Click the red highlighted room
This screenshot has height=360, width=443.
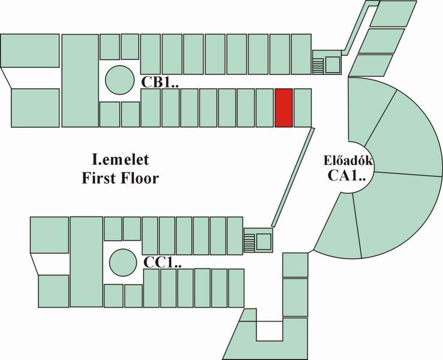click(x=284, y=108)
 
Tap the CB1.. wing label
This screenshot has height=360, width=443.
click(x=159, y=82)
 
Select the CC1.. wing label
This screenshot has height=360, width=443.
click(x=162, y=262)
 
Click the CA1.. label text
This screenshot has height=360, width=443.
click(x=346, y=175)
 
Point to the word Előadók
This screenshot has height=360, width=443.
click(x=348, y=160)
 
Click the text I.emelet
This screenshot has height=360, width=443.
click(x=120, y=160)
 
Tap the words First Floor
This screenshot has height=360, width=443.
click(x=120, y=178)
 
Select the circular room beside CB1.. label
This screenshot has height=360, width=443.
click(x=120, y=80)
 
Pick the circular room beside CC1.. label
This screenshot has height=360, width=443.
click(x=123, y=262)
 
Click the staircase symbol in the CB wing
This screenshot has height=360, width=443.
click(x=318, y=66)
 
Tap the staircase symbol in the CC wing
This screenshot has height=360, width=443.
click(x=250, y=242)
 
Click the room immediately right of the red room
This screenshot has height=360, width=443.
click(x=303, y=108)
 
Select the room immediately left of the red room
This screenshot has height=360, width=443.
click(x=265, y=108)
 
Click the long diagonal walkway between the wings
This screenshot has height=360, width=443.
click(x=293, y=177)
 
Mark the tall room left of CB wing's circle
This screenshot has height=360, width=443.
click(x=80, y=80)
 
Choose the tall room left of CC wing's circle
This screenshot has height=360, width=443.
click(x=86, y=262)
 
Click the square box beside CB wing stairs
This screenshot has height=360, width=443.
click(x=333, y=65)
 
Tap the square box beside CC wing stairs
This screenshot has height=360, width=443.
click(x=264, y=242)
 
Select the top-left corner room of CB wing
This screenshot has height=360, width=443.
click(x=30, y=50)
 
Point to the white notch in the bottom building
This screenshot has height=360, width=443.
click(x=270, y=331)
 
